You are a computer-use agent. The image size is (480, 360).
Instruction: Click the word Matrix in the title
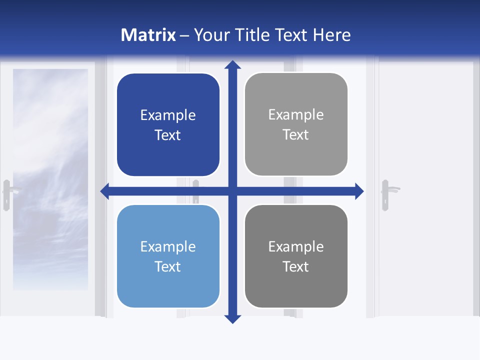pyautogui.click(x=148, y=35)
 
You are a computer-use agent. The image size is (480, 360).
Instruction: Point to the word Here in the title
pyautogui.click(x=332, y=35)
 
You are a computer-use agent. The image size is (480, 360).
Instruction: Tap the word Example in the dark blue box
pyautogui.click(x=168, y=115)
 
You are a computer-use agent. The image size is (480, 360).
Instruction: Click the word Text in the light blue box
pyautogui.click(x=168, y=266)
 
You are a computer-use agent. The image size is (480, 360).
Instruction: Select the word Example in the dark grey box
pyautogui.click(x=296, y=246)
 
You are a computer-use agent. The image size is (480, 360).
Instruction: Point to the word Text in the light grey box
pyautogui.click(x=296, y=135)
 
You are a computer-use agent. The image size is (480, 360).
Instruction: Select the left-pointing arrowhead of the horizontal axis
pyautogui.click(x=105, y=191)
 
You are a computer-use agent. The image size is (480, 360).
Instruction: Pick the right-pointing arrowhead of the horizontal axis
pyautogui.click(x=359, y=191)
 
